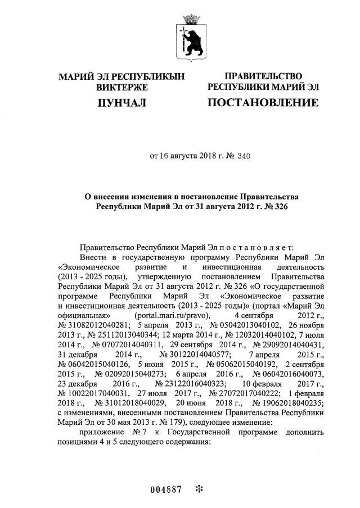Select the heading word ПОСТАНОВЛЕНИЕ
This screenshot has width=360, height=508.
coord(263,102)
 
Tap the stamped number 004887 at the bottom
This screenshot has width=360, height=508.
coord(165,489)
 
